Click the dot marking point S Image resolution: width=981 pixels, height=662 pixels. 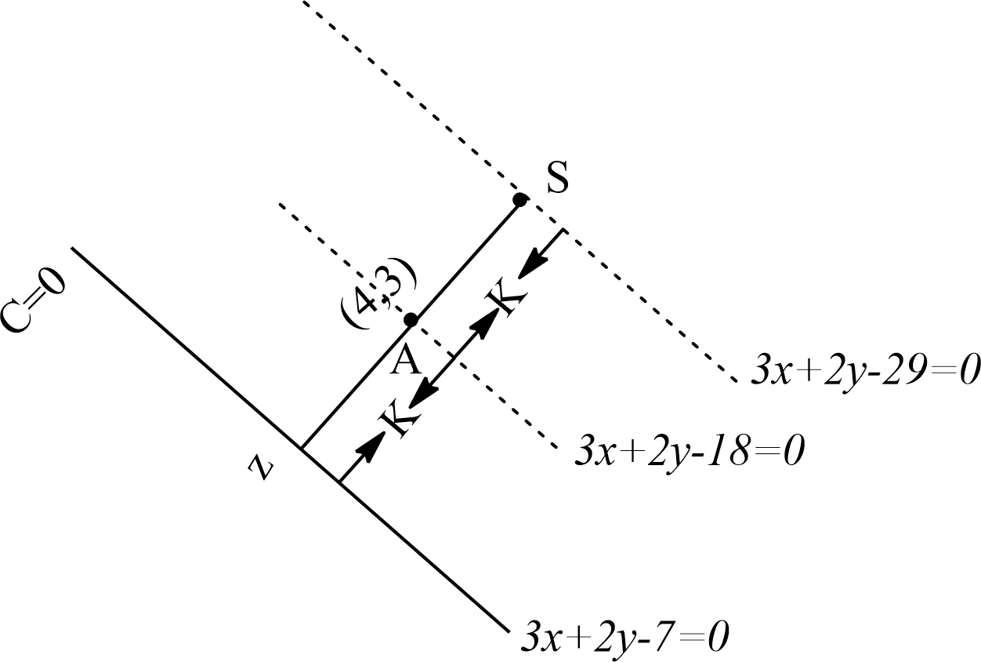coord(519,200)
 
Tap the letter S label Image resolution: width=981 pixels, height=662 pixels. coord(557,180)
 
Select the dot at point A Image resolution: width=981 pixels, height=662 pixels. coord(411,320)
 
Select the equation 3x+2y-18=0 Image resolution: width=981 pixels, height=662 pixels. coord(690,453)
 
